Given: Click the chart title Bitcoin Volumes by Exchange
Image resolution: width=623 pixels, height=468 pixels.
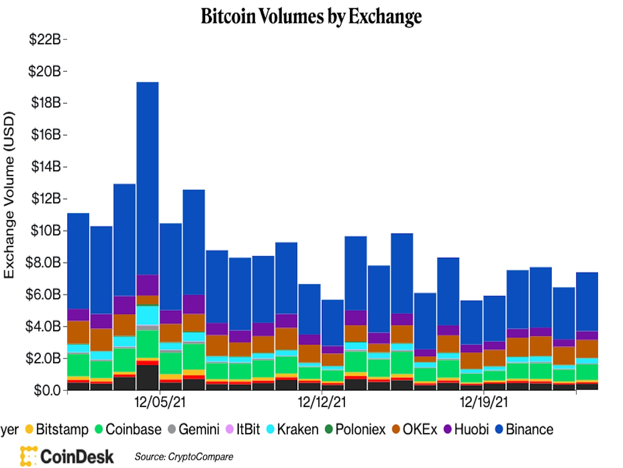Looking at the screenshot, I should pyautogui.click(x=311, y=16).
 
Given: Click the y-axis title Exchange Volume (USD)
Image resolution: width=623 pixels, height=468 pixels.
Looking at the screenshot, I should pyautogui.click(x=9, y=195).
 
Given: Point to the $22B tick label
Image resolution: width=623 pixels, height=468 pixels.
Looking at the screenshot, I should pyautogui.click(x=45, y=39).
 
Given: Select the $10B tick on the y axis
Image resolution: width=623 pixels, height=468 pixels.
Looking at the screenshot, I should pyautogui.click(x=45, y=231).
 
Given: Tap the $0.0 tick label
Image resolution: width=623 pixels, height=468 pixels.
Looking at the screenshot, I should pyautogui.click(x=47, y=390).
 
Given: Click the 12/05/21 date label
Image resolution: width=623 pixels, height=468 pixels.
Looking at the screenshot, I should pyautogui.click(x=160, y=402).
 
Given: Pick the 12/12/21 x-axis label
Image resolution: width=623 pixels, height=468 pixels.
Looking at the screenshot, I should pyautogui.click(x=321, y=402).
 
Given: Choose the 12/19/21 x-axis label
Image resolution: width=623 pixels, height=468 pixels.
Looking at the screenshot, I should pyautogui.click(x=483, y=402).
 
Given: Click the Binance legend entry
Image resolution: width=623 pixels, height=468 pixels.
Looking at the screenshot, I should pyautogui.click(x=524, y=429).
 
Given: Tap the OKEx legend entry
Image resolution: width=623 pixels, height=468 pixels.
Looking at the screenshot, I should pyautogui.click(x=414, y=429).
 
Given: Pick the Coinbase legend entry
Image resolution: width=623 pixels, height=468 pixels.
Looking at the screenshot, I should pyautogui.click(x=128, y=429).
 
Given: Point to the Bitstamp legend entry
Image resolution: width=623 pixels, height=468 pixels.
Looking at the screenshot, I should pyautogui.click(x=57, y=429).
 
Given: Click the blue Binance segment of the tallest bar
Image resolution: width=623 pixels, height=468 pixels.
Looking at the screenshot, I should pyautogui.click(x=148, y=178).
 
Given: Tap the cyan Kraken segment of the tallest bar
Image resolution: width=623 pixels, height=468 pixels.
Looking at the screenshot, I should pyautogui.click(x=148, y=315).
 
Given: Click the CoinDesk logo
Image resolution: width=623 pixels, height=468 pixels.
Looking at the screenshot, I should pyautogui.click(x=67, y=456).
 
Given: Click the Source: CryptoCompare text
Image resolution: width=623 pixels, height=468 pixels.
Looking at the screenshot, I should pyautogui.click(x=183, y=457).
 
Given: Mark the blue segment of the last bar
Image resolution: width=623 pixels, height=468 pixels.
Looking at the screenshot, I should pyautogui.click(x=587, y=301).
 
